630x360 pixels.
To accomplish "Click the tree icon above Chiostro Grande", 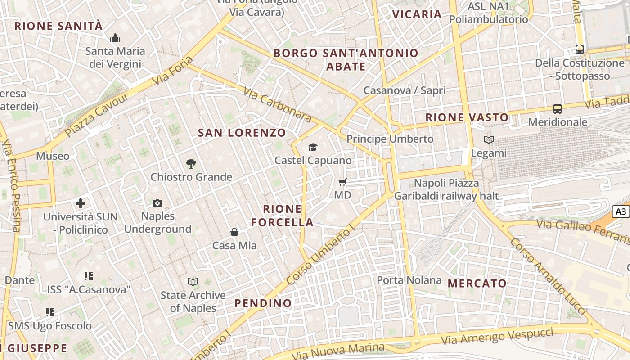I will pyautogui.click(x=191, y=164).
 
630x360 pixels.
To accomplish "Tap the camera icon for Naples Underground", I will pyautogui.click(x=157, y=203).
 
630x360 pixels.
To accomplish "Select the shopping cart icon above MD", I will pyautogui.click(x=342, y=182).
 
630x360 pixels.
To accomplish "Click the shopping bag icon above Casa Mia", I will pyautogui.click(x=234, y=232).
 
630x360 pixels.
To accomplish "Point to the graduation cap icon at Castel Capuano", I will pyautogui.click(x=313, y=147).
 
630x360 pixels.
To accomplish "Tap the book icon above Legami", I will pyautogui.click(x=489, y=139).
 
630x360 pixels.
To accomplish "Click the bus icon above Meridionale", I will pyautogui.click(x=558, y=108).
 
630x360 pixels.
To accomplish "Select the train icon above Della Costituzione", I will pyautogui.click(x=580, y=49).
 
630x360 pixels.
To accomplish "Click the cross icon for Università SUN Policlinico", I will pyautogui.click(x=81, y=203).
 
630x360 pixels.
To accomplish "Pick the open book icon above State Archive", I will pyautogui.click(x=193, y=282).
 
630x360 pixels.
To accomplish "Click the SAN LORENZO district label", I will pyautogui.click(x=242, y=133).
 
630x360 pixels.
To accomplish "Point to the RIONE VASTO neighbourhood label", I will pyautogui.click(x=467, y=118).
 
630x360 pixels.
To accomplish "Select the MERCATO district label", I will pyautogui.click(x=477, y=283).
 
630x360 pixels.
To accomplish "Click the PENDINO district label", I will pyautogui.click(x=263, y=303).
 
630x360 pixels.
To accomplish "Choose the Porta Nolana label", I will pyautogui.click(x=409, y=280).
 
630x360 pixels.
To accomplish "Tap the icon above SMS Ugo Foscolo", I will pyautogui.click(x=50, y=312).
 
